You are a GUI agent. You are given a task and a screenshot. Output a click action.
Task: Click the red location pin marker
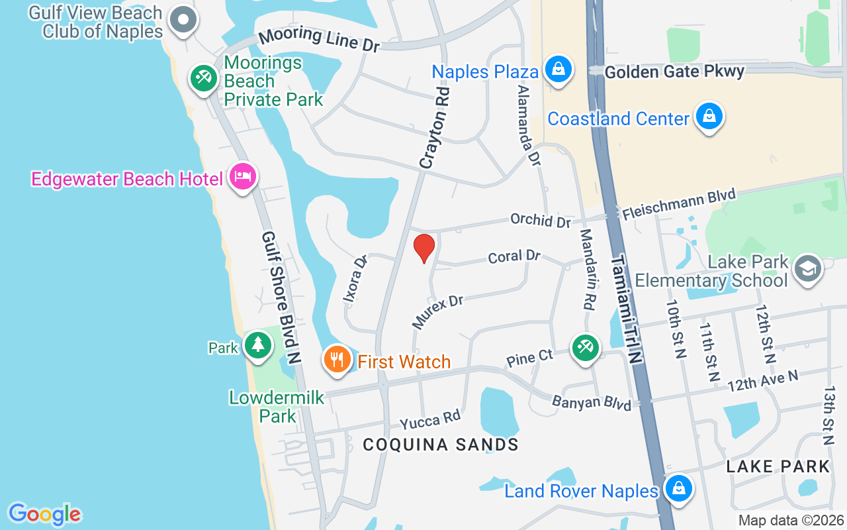[423, 248]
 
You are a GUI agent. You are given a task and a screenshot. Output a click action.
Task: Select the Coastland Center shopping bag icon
[709, 117]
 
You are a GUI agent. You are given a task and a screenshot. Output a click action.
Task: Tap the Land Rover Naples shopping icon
[678, 489]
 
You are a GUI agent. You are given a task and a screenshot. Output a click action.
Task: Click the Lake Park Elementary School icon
[808, 268]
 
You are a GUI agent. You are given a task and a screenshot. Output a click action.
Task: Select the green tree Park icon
[257, 344]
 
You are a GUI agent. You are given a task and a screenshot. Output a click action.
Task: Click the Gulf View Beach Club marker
[183, 20]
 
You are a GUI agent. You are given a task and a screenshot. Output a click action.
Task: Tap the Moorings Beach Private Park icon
[203, 79]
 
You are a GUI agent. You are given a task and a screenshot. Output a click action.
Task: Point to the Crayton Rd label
[434, 127]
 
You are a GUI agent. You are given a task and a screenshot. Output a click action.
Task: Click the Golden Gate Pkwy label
[674, 72]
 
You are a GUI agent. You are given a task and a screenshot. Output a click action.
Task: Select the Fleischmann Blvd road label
[679, 204]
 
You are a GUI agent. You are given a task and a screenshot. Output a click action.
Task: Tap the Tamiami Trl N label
[625, 309]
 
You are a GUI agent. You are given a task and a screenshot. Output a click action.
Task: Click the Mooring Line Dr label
[319, 40]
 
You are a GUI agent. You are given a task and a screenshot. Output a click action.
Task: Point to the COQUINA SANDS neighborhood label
[440, 445]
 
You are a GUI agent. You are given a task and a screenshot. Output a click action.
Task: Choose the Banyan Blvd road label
[592, 401]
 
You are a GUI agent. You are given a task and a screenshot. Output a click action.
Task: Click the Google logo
[44, 513]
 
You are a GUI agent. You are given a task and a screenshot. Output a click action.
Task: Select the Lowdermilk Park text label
[277, 406]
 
